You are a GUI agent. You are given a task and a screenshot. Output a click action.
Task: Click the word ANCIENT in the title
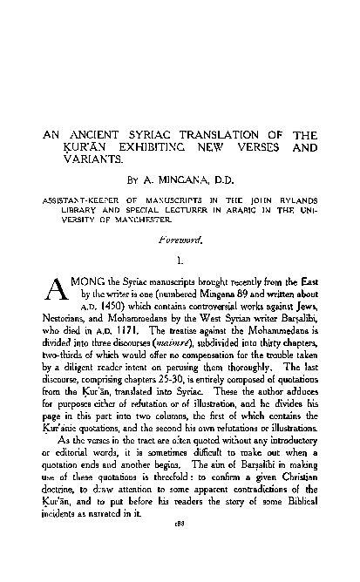[87, 136]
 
